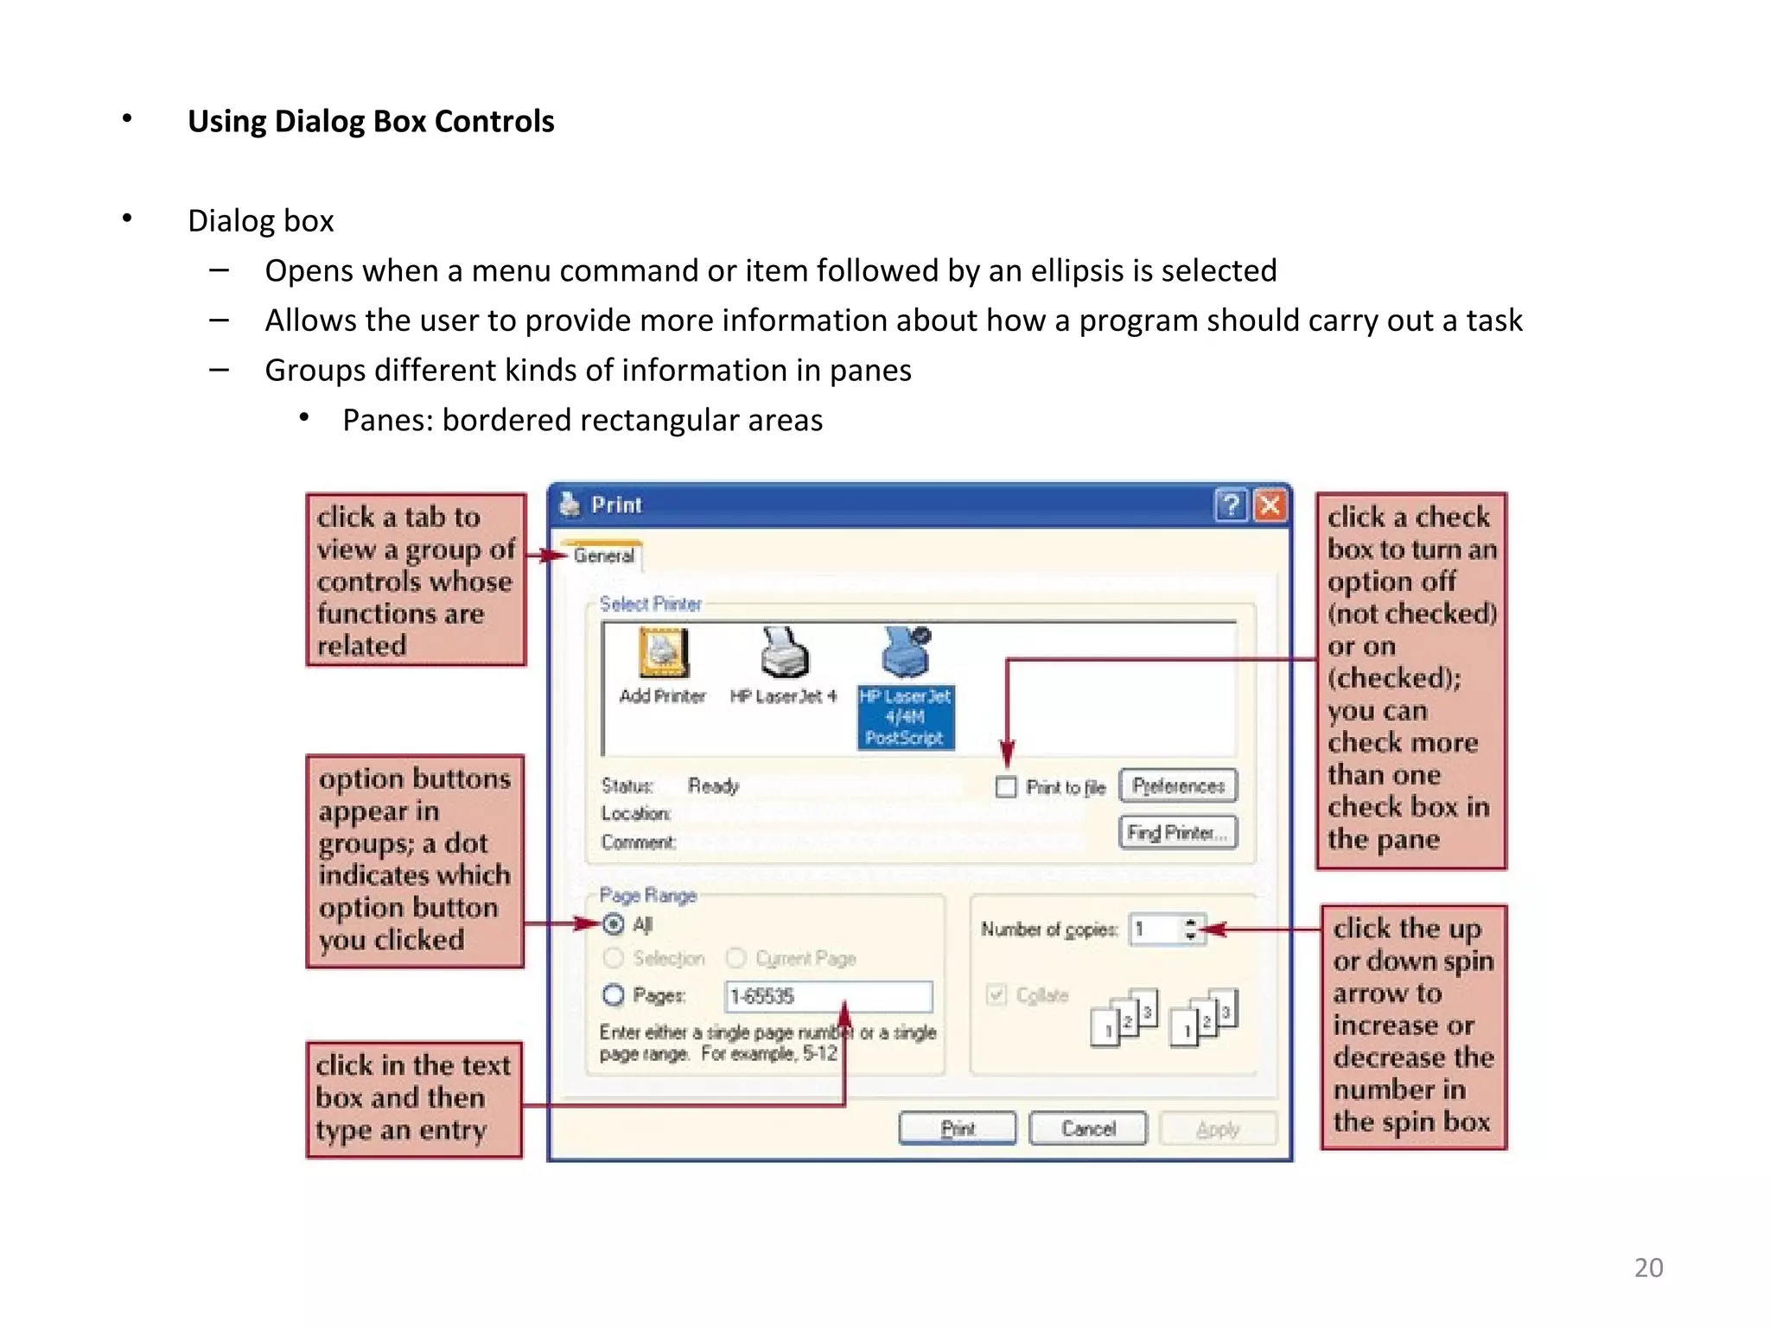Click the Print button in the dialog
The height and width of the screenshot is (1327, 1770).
[x=957, y=1128]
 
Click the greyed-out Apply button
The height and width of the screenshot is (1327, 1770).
[x=1217, y=1128]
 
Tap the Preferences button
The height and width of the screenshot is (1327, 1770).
[x=1178, y=785]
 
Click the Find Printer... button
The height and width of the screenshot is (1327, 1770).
[x=1178, y=833]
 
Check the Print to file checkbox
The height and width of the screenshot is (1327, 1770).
[x=1006, y=787]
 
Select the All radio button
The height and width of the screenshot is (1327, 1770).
[x=613, y=924]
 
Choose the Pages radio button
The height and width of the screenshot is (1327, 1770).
[x=613, y=995]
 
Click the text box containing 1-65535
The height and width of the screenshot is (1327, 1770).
[x=828, y=996]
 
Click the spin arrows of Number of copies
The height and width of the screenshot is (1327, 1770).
[x=1191, y=929]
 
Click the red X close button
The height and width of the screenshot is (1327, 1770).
[x=1270, y=505]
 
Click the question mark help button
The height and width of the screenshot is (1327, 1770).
[x=1231, y=505]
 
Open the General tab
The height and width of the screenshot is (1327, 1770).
[x=604, y=556]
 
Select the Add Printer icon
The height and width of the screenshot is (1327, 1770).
[x=663, y=653]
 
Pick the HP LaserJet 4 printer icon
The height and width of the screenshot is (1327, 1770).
[x=784, y=653]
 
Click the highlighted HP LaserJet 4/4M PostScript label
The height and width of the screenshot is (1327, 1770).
[x=905, y=717]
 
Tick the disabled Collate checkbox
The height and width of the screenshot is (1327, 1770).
[x=996, y=994]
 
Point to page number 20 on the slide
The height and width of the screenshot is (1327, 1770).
[x=1648, y=1267]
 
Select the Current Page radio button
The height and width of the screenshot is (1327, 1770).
[x=736, y=958]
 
